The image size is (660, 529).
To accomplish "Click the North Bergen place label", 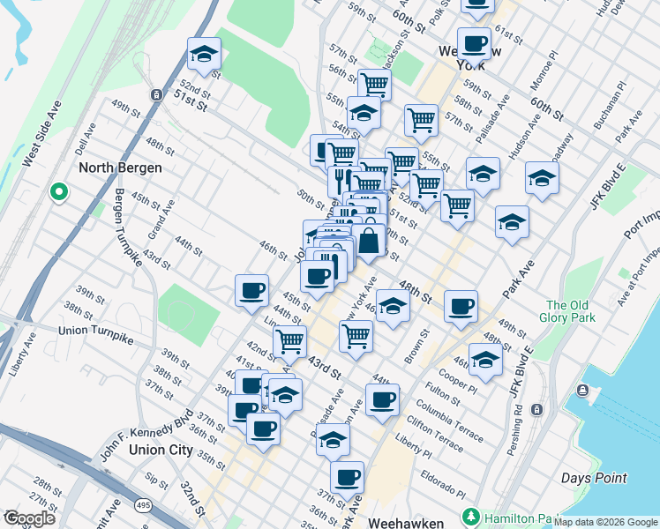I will click(x=120, y=168).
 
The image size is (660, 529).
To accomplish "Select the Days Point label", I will click(x=594, y=479).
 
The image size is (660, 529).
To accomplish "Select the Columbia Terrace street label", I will click(x=450, y=421).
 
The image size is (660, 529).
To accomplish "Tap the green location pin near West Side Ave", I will click(x=59, y=190).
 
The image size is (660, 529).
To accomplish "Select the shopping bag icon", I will click(x=370, y=240).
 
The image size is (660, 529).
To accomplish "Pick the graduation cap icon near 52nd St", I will click(x=204, y=55).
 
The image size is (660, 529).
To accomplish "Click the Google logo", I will click(x=29, y=518).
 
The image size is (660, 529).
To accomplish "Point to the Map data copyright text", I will click(x=606, y=522).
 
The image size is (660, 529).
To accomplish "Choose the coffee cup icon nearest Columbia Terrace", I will click(x=382, y=399).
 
